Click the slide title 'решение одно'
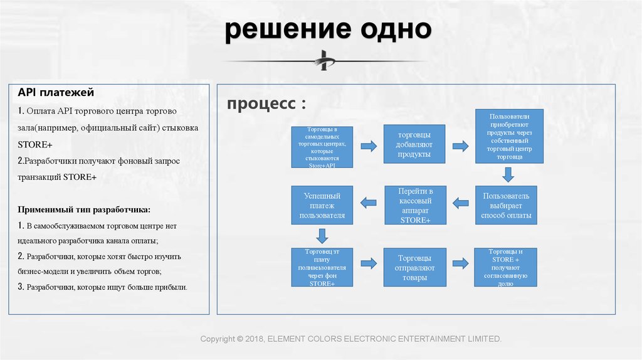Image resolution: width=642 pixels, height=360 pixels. pyautogui.click(x=328, y=31)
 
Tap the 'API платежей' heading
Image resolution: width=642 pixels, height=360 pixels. pyautogui.click(x=56, y=93)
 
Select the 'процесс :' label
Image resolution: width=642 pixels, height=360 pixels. pyautogui.click(x=267, y=104)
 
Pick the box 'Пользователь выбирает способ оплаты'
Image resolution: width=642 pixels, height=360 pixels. pyautogui.click(x=506, y=205)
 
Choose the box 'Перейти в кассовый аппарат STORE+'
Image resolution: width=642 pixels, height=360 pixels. pyautogui.click(x=414, y=205)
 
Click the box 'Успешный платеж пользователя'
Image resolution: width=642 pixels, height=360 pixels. pyautogui.click(x=322, y=205)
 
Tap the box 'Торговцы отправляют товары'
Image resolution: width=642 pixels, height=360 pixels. pyautogui.click(x=414, y=267)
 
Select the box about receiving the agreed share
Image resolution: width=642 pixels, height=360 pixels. pyautogui.click(x=506, y=267)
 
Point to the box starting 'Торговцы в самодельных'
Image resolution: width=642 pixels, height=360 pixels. pyautogui.click(x=322, y=147)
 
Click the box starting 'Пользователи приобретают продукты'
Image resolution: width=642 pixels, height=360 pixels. pyautogui.click(x=508, y=136)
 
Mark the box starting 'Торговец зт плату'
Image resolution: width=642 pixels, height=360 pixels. pyautogui.click(x=322, y=267)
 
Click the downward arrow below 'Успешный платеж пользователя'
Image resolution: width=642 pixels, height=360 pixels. pyautogui.click(x=322, y=236)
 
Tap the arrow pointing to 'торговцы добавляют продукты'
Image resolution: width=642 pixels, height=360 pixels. pyautogui.click(x=368, y=146)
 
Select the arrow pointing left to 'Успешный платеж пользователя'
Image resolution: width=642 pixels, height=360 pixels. pyautogui.click(x=368, y=203)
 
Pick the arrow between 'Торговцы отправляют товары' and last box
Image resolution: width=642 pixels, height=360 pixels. pyautogui.click(x=461, y=264)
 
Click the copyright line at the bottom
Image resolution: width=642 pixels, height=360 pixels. pyautogui.click(x=351, y=339)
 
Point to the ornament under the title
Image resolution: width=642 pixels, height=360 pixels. pyautogui.click(x=325, y=61)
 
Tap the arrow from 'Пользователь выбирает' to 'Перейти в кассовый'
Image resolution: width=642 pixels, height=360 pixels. pyautogui.click(x=461, y=203)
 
